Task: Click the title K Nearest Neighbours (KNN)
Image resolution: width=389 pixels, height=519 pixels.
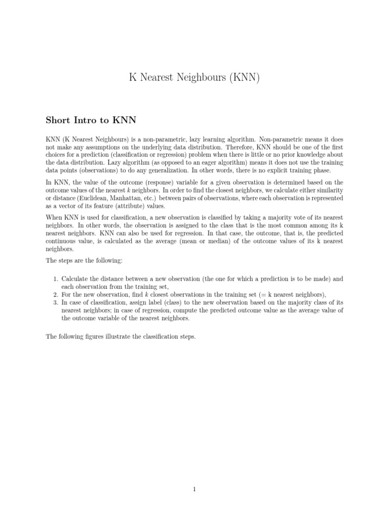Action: [194, 78]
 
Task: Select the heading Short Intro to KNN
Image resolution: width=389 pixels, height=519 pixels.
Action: [91, 120]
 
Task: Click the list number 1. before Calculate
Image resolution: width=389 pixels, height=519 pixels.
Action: [56, 279]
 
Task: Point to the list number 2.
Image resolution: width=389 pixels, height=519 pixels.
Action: [56, 294]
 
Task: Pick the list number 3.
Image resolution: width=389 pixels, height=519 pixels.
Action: [56, 303]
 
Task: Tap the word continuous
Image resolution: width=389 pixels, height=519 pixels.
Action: [64, 241]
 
